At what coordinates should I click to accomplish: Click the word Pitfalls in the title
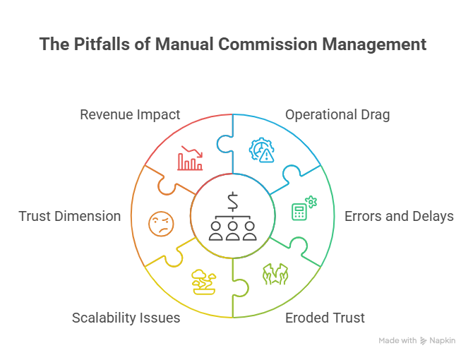[99, 44]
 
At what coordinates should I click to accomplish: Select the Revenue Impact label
[130, 114]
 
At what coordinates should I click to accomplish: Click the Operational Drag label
[337, 114]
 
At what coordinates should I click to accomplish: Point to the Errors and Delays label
[399, 216]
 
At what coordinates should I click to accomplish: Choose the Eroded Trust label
[325, 318]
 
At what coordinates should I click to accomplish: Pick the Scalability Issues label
[126, 318]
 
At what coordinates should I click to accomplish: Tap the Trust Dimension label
[70, 216]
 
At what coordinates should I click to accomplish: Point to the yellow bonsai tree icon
[204, 281]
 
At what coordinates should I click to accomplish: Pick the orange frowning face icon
[160, 224]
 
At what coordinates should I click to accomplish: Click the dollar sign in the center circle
[233, 200]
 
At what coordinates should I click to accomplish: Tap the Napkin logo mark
[424, 340]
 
